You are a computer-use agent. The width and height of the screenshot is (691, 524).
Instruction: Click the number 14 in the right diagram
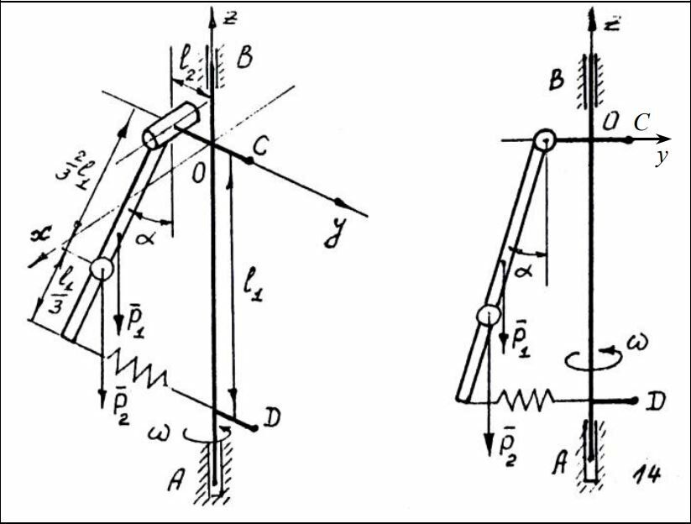pos(643,474)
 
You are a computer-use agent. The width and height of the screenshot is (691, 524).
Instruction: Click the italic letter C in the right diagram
pos(642,123)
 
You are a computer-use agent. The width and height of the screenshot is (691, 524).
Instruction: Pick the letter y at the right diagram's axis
pos(662,156)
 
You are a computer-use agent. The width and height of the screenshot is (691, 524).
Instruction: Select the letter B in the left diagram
pos(246,58)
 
